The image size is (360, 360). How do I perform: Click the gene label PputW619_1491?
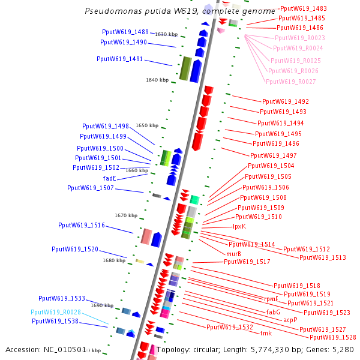pyautogui.click(x=119, y=59)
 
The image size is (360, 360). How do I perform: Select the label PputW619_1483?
pyautogui.click(x=303, y=8)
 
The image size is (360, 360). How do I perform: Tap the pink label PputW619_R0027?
pyautogui.click(x=290, y=82)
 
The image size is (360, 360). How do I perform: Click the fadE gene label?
pyautogui.click(x=110, y=178)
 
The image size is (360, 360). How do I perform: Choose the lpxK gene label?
pyautogui.click(x=239, y=226)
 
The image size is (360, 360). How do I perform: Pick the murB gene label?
pyautogui.click(x=234, y=254)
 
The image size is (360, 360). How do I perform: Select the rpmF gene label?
pyautogui.click(x=272, y=299)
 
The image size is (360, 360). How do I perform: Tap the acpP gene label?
pyautogui.click(x=290, y=320)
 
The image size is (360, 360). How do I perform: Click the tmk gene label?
pyautogui.click(x=266, y=333)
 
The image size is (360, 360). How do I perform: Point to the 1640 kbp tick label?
pyautogui.click(x=157, y=80)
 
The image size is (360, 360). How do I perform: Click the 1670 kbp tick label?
pyautogui.click(x=126, y=215)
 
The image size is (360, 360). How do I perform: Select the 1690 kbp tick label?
pyautogui.click(x=102, y=305)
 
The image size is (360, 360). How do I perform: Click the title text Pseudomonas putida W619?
pyautogui.click(x=142, y=11)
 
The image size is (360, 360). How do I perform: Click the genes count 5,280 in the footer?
pyautogui.click(x=343, y=349)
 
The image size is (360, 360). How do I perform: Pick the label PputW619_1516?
pyautogui.click(x=82, y=226)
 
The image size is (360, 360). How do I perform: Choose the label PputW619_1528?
pyautogui.click(x=333, y=338)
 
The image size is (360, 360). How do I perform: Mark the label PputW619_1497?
pyautogui.click(x=274, y=155)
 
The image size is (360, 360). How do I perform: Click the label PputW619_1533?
pyautogui.click(x=62, y=298)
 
